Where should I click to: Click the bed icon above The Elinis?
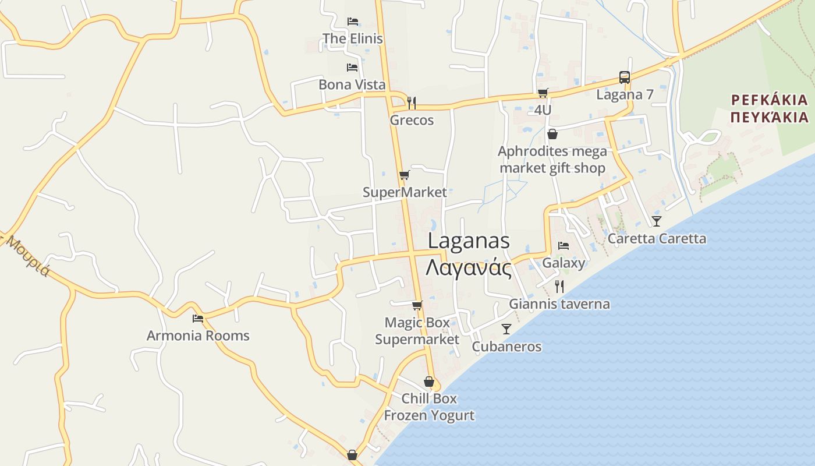pyautogui.click(x=352, y=22)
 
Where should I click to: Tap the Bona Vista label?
pyautogui.click(x=352, y=84)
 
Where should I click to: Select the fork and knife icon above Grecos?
pyautogui.click(x=412, y=103)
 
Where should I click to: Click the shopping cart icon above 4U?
pyautogui.click(x=543, y=93)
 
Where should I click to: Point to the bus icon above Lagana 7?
pyautogui.click(x=624, y=77)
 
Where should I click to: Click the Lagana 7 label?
pyautogui.click(x=625, y=94)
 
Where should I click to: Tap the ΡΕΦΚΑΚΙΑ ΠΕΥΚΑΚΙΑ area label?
pyautogui.click(x=770, y=108)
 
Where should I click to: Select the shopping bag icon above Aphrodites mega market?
pyautogui.click(x=552, y=134)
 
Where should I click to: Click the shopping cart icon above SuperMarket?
pyautogui.click(x=404, y=175)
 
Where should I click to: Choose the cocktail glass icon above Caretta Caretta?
pyautogui.click(x=657, y=221)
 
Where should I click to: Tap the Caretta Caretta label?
pyautogui.click(x=657, y=238)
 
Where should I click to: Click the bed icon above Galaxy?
pyautogui.click(x=564, y=246)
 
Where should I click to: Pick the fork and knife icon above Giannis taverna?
pyautogui.click(x=559, y=286)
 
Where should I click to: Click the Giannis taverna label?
pyautogui.click(x=559, y=303)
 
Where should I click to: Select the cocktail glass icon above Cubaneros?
pyautogui.click(x=506, y=329)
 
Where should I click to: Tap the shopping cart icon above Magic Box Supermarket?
pyautogui.click(x=417, y=305)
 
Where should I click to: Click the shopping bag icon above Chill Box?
pyautogui.click(x=429, y=382)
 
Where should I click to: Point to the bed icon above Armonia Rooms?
pyautogui.click(x=198, y=319)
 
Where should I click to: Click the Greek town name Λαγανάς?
pyautogui.click(x=469, y=269)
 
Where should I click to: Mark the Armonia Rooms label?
pyautogui.click(x=198, y=336)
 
